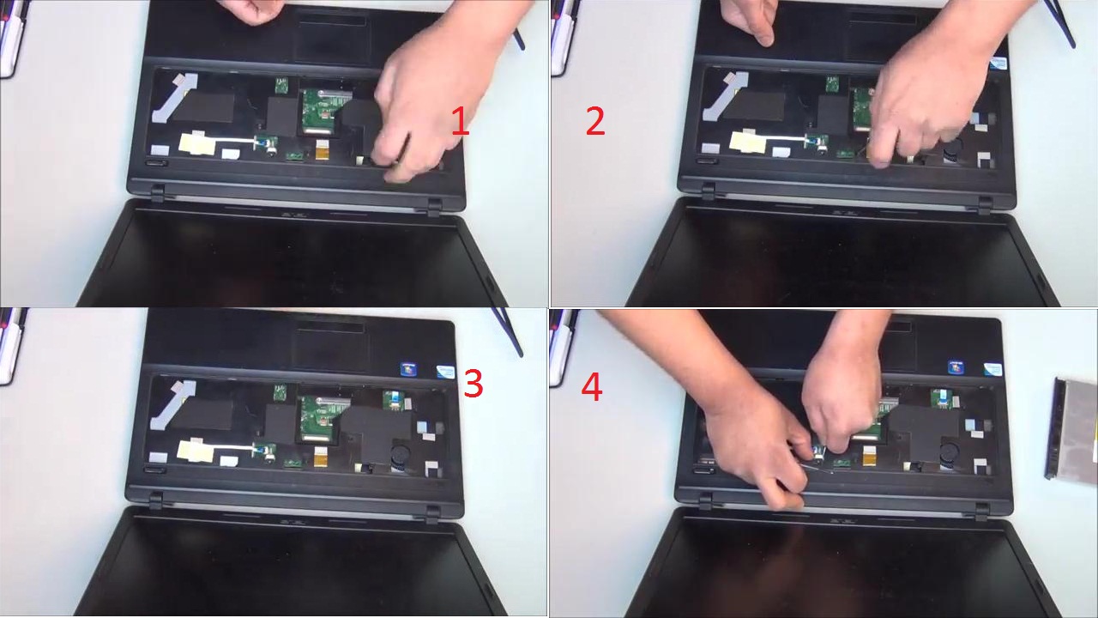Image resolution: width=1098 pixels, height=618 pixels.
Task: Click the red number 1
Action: tap(461, 122)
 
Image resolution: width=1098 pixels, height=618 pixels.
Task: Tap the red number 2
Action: tap(595, 122)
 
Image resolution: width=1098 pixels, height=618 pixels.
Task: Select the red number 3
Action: tap(474, 384)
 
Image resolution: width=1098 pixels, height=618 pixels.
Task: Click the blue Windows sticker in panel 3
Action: tap(407, 369)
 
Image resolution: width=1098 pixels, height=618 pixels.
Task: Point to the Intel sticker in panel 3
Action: tap(445, 371)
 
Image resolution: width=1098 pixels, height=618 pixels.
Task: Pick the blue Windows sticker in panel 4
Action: tap(956, 368)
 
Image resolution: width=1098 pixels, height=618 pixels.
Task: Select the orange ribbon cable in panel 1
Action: tap(322, 149)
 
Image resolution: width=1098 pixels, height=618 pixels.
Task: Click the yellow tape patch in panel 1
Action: tap(197, 143)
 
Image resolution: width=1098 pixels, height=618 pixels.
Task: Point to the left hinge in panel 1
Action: tap(158, 192)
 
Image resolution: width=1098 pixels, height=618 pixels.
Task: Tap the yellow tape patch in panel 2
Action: tap(747, 141)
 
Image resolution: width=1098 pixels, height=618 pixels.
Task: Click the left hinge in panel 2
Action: tap(709, 191)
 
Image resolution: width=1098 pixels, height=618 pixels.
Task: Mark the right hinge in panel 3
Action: tap(433, 515)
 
